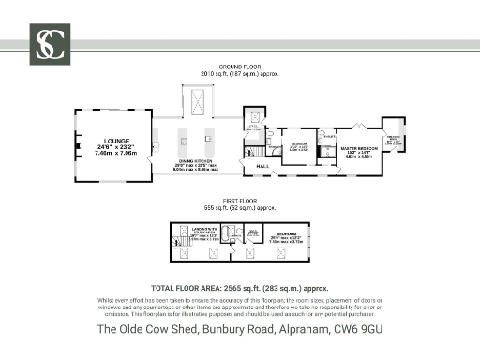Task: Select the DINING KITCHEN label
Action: pyautogui.click(x=195, y=161)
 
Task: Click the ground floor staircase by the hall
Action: pyautogui.click(x=251, y=150)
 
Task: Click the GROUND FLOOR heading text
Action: pyautogui.click(x=239, y=67)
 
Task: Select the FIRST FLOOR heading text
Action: pyautogui.click(x=239, y=201)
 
